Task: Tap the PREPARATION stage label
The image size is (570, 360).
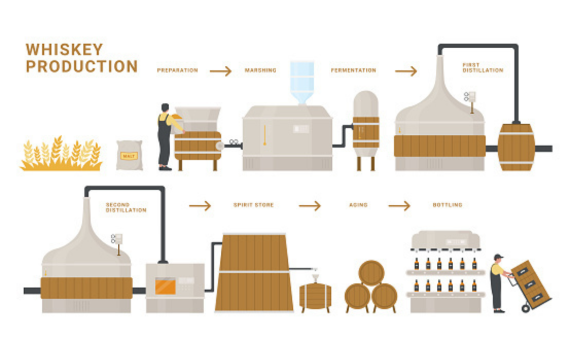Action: click(x=177, y=71)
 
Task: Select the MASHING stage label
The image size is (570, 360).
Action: click(x=262, y=71)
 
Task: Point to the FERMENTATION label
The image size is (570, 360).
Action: click(x=353, y=71)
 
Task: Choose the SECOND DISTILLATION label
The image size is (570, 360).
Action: click(x=126, y=207)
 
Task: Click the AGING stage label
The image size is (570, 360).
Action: click(x=357, y=205)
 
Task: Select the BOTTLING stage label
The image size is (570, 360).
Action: click(x=447, y=205)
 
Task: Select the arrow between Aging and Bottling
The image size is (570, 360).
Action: click(x=399, y=205)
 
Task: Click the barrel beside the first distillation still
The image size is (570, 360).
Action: click(x=516, y=147)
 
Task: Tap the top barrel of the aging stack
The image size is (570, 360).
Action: click(x=372, y=273)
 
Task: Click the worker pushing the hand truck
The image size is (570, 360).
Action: click(x=497, y=282)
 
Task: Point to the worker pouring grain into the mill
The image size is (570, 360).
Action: click(x=163, y=135)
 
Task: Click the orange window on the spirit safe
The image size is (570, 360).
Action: click(x=165, y=286)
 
